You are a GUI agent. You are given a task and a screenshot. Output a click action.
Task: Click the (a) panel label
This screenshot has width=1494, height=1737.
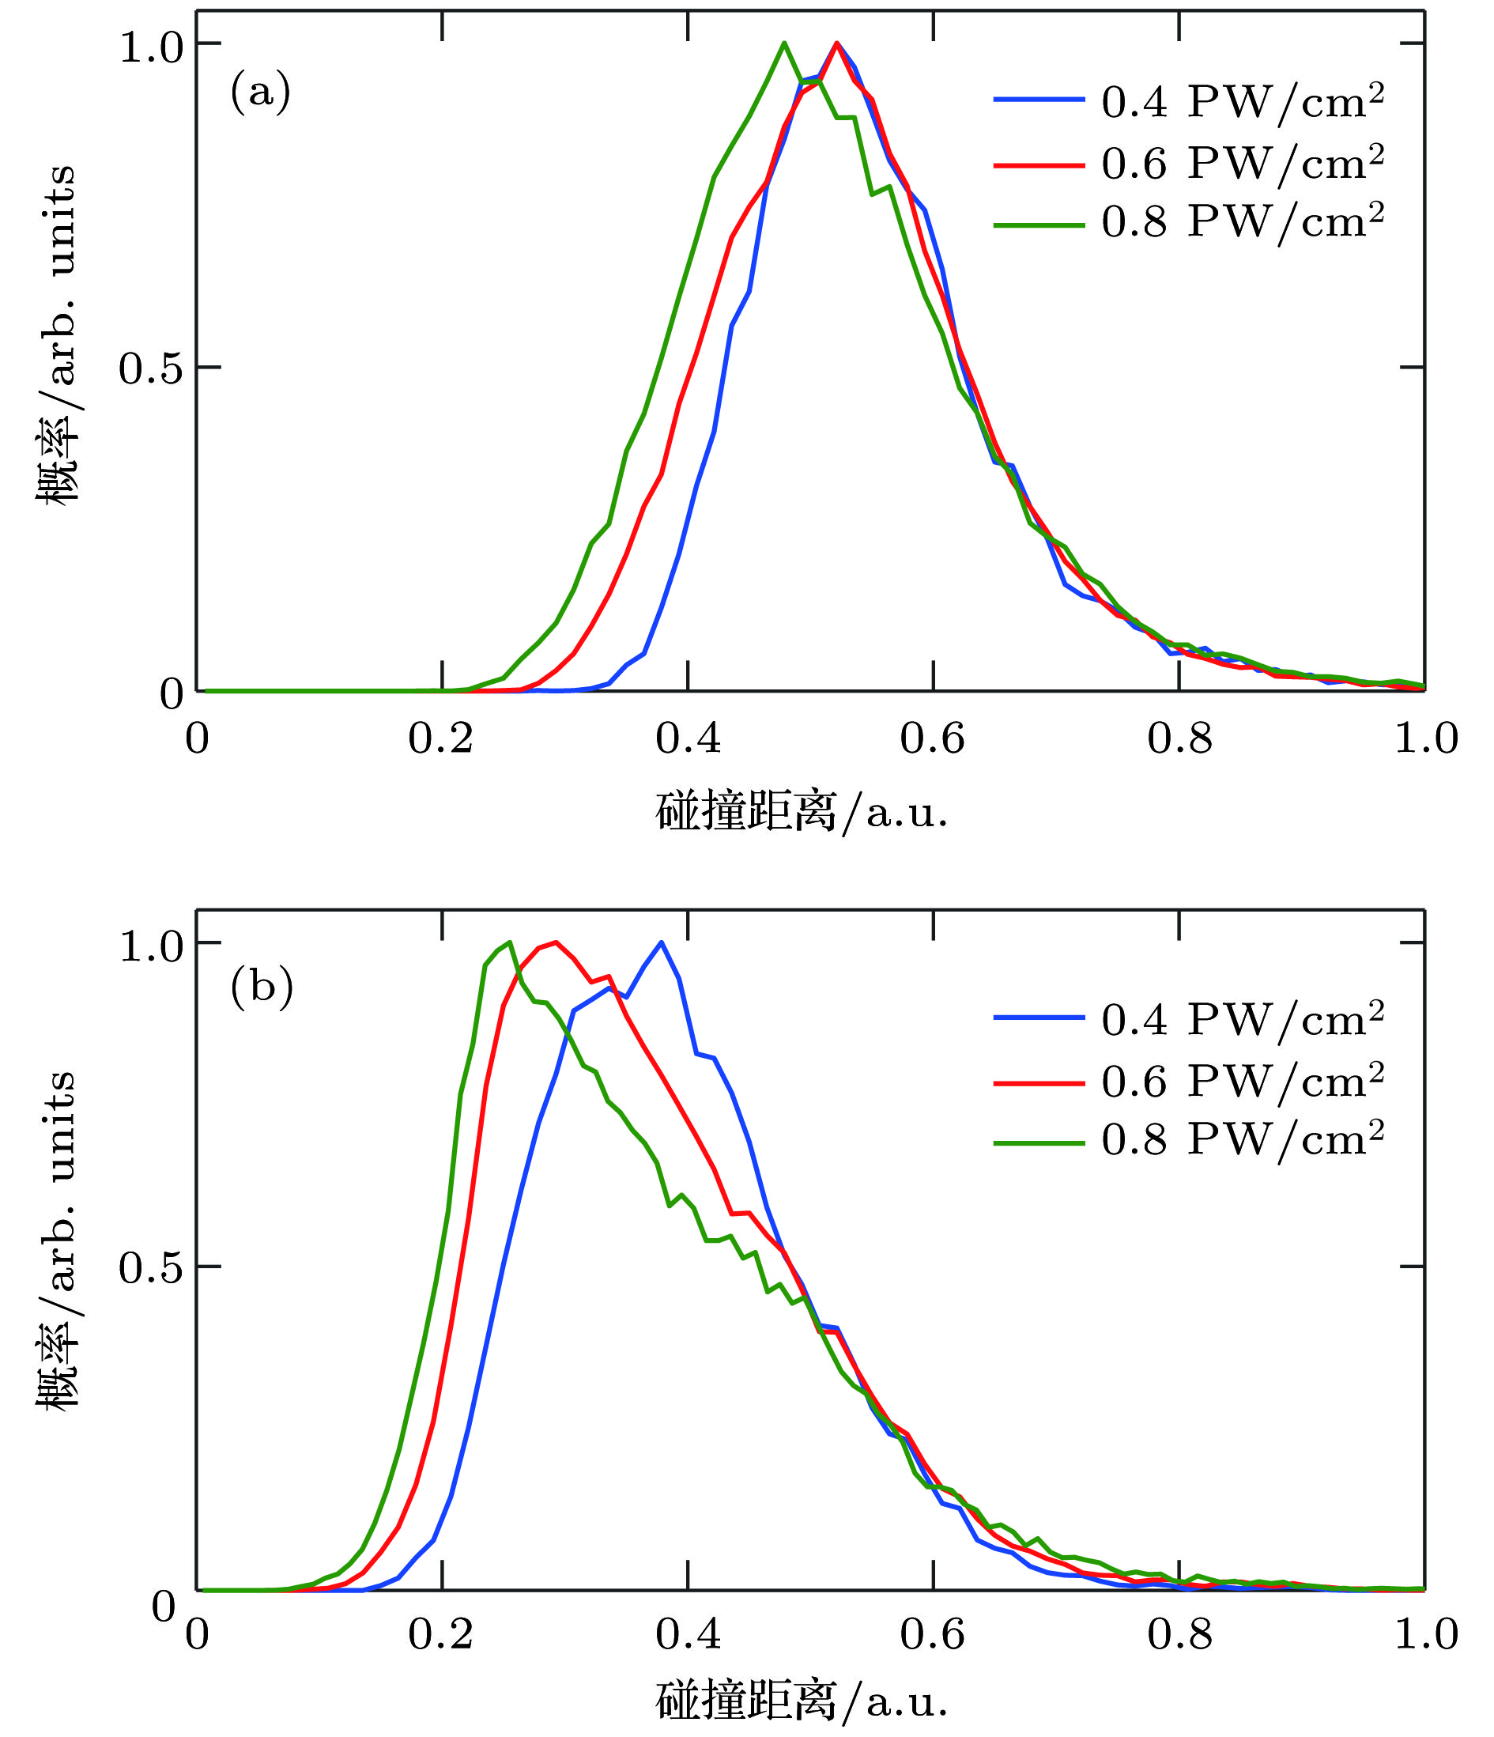tap(261, 92)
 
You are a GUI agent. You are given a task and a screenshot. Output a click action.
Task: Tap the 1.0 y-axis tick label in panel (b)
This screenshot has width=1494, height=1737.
tap(151, 946)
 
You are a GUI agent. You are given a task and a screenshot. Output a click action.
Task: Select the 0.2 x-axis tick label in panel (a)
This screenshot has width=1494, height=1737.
tap(441, 738)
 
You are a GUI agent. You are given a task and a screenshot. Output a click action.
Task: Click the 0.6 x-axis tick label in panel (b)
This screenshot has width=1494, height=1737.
tap(932, 1635)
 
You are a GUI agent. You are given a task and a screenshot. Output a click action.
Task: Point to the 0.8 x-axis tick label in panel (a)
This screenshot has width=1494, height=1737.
tap(1179, 738)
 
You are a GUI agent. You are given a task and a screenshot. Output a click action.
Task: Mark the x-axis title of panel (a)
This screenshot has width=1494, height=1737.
tap(802, 812)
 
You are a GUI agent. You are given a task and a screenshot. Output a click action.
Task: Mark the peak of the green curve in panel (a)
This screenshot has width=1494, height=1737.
tap(784, 43)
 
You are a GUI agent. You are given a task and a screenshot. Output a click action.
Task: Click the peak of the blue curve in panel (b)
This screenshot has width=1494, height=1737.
tap(662, 942)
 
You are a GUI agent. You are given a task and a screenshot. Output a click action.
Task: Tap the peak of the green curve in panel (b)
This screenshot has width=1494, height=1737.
tap(509, 942)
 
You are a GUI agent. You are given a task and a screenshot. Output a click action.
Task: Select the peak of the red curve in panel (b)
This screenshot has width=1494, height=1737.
tap(556, 942)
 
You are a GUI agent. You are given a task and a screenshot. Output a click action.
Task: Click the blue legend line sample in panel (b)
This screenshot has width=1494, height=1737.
tap(1039, 1018)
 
